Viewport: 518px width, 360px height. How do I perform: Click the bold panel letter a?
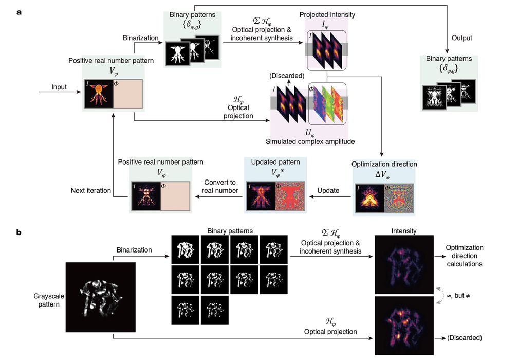(x=19, y=11)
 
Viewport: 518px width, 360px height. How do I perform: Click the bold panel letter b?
(x=19, y=232)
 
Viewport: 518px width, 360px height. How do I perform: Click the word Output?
(x=461, y=38)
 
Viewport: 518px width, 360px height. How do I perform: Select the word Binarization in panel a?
(x=140, y=38)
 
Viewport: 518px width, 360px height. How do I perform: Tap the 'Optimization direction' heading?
(x=384, y=164)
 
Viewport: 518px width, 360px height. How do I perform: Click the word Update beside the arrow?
(x=328, y=190)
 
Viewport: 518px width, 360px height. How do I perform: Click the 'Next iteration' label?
(x=90, y=190)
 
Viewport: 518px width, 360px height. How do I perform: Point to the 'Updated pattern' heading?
(x=275, y=161)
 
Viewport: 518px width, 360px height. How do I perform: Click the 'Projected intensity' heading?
(x=327, y=14)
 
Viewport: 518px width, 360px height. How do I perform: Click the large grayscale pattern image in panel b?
(x=101, y=297)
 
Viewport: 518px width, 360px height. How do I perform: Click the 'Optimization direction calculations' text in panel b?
(x=465, y=256)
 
